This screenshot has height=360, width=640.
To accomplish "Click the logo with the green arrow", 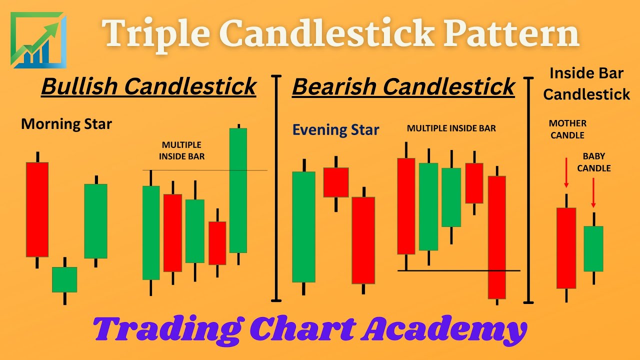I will click(38, 40).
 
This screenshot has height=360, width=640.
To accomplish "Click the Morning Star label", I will click(66, 124).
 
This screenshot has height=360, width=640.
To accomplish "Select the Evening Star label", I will click(335, 130).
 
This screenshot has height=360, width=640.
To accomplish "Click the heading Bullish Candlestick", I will click(148, 86).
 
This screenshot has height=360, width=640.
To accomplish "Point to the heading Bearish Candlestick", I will click(403, 86).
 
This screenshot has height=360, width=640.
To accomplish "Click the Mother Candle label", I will click(567, 129).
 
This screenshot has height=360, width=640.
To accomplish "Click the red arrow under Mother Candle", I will click(566, 172).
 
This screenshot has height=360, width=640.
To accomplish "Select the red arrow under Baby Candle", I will click(593, 192).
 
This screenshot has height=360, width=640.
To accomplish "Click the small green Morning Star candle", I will click(64, 279).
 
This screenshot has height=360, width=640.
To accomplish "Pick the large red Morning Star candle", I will click(37, 209).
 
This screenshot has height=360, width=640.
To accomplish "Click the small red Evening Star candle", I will click(335, 182).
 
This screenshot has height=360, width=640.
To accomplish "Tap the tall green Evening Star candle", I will click(303, 226).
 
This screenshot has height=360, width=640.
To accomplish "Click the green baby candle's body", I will click(593, 248).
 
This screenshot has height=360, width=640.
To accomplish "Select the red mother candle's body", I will click(566, 248).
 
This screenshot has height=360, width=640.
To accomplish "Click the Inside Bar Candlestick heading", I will click(586, 83).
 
